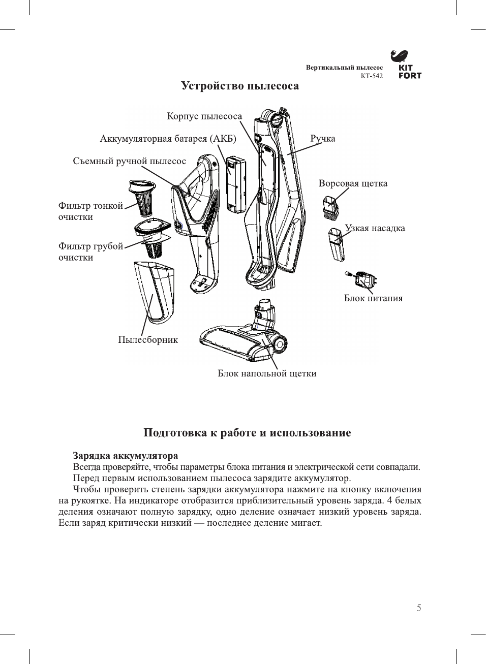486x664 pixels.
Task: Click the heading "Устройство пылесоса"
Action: coord(240,86)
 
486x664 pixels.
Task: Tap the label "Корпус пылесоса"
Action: coord(204,116)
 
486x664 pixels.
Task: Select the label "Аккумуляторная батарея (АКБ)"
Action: coord(168,139)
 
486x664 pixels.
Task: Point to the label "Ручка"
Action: coord(323,139)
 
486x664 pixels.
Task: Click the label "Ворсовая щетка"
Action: coord(353,183)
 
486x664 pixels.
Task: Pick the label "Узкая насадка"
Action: coord(375,228)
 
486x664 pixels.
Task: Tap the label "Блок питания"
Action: coord(373,298)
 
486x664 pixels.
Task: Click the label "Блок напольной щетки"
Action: coord(267,373)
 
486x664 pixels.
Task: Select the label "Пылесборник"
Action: coord(148,340)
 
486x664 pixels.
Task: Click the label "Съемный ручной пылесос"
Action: coord(130,161)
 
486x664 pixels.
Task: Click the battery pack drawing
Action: coord(236,184)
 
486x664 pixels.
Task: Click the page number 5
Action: coord(419,608)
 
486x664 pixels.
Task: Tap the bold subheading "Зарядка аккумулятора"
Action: coord(125,456)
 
